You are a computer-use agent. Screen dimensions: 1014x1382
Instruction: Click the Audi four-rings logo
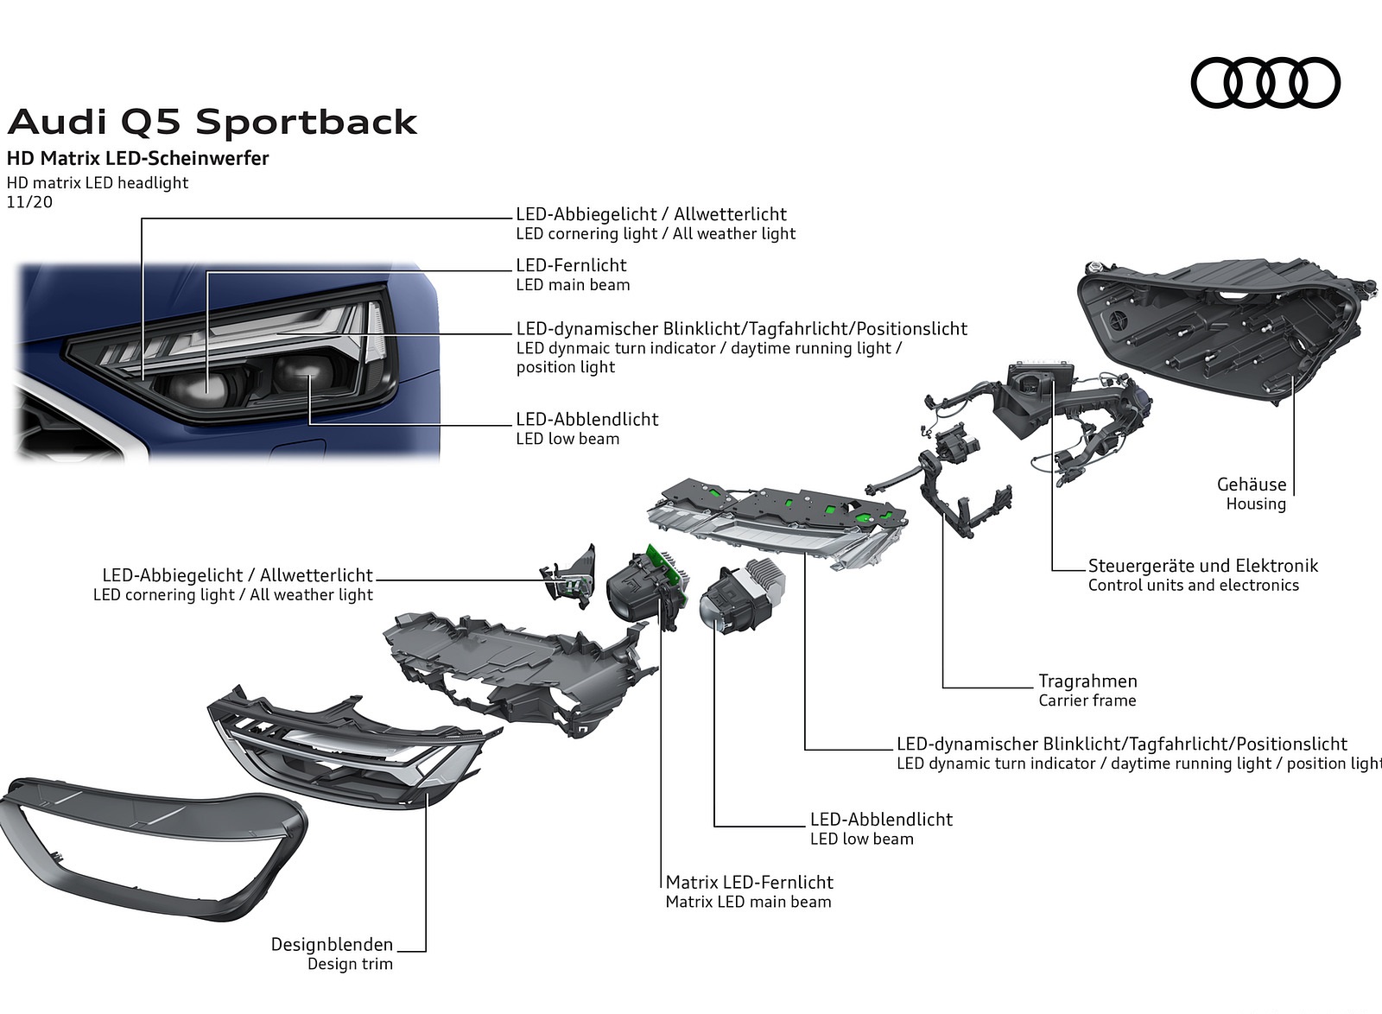point(1265,83)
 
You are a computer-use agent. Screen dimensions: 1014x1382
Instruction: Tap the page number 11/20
point(29,202)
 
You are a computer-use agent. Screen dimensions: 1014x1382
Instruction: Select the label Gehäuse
point(1251,485)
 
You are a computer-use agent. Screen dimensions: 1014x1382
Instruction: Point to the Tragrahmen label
point(1087,681)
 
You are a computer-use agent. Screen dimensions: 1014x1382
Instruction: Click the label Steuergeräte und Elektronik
point(1202,566)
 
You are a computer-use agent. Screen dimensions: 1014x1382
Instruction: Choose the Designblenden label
point(332,944)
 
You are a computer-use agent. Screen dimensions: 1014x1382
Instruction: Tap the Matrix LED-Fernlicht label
point(749,882)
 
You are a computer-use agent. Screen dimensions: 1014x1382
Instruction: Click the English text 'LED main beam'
point(573,285)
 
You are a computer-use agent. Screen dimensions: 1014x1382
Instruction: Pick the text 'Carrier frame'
point(1087,700)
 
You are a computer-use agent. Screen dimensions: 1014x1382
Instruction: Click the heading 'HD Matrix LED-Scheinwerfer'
point(138,158)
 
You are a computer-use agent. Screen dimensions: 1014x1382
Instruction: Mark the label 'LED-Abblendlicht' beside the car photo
point(586,419)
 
